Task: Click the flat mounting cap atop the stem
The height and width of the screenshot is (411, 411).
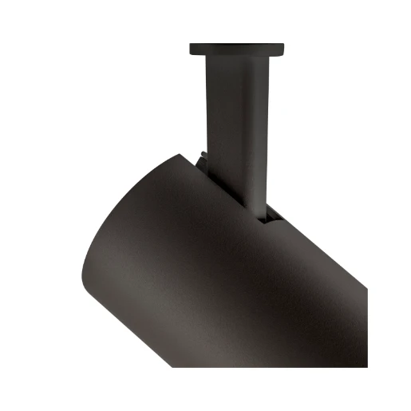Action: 236,48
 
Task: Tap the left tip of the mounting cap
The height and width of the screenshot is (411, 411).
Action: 192,49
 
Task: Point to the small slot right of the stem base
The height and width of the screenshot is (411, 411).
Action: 274,213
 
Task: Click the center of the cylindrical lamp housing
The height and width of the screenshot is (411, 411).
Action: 239,279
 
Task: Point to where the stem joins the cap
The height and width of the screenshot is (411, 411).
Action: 236,57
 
